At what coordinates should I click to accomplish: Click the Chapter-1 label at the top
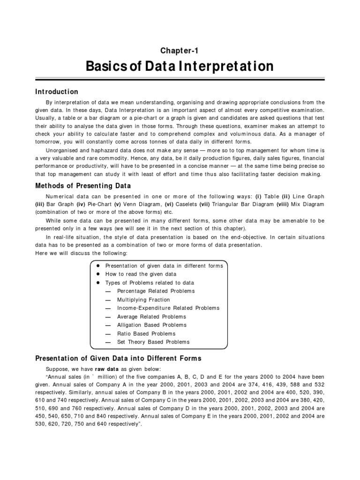pyautogui.click(x=180, y=51)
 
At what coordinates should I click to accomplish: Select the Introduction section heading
pyautogui.click(x=57, y=92)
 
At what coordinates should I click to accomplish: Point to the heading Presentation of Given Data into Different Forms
pyautogui.click(x=118, y=359)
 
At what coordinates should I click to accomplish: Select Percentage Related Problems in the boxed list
pyautogui.click(x=156, y=291)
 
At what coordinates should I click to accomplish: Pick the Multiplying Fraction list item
pyautogui.click(x=143, y=300)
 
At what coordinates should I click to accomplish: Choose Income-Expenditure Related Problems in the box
pyautogui.click(x=168, y=308)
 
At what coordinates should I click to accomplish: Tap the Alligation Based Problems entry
pyautogui.click(x=151, y=325)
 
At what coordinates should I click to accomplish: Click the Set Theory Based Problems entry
pyautogui.click(x=153, y=342)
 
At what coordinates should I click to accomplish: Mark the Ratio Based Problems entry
pyautogui.click(x=146, y=334)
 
